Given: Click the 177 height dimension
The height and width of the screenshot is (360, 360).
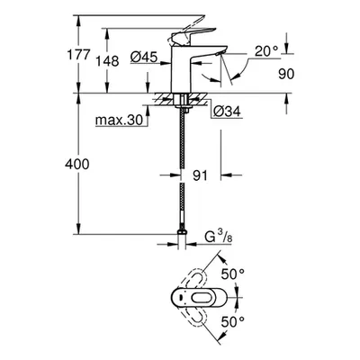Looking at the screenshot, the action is click(78, 55).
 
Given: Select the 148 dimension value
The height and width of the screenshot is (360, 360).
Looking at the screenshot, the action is click(107, 61).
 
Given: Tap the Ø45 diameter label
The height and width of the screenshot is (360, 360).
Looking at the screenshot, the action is click(144, 57).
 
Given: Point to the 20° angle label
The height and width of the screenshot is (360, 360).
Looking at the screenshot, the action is click(266, 51).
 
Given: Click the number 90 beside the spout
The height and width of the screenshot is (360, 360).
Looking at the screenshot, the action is click(286, 74).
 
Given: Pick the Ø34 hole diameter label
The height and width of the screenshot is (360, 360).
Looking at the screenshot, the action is click(227, 112).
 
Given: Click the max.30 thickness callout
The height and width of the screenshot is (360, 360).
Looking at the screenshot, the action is click(119, 120).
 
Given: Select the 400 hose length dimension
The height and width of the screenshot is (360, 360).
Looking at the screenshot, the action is click(77, 164).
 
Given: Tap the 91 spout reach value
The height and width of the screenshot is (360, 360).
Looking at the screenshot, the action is click(200, 175).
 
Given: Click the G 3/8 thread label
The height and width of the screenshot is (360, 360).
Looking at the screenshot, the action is click(219, 238).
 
